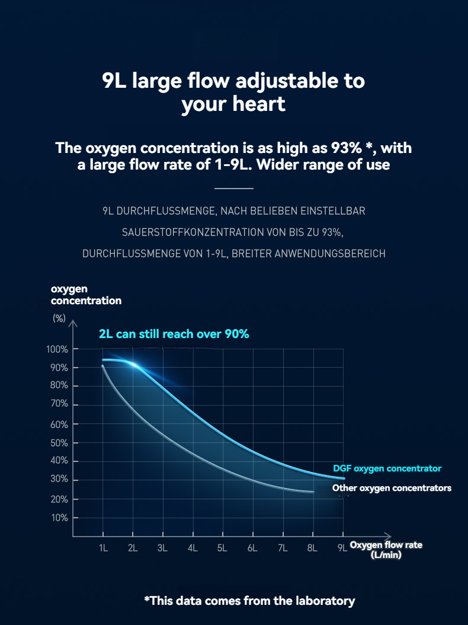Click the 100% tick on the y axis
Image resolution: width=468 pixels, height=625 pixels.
click(x=57, y=349)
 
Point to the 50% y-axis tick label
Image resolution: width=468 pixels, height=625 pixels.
click(x=59, y=443)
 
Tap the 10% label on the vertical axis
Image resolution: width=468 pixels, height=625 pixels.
click(x=59, y=518)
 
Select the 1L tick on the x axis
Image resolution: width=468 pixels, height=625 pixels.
click(x=103, y=548)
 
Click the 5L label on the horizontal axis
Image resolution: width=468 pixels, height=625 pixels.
click(x=222, y=548)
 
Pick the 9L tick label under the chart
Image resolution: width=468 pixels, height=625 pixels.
click(x=342, y=548)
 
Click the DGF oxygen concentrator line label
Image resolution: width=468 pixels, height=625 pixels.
click(x=387, y=468)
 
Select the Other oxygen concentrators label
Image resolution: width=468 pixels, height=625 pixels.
click(x=392, y=488)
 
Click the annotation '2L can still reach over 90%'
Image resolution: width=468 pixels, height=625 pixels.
click(x=174, y=334)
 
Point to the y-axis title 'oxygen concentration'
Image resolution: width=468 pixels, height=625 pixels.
click(x=86, y=295)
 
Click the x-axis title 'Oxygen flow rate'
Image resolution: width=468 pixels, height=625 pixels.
click(x=386, y=545)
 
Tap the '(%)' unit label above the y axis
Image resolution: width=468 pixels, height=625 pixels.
click(x=59, y=318)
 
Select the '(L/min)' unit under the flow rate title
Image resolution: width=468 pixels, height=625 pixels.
click(x=386, y=555)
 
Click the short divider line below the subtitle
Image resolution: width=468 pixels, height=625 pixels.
click(x=233, y=189)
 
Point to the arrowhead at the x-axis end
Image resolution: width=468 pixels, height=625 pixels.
click(x=388, y=536)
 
